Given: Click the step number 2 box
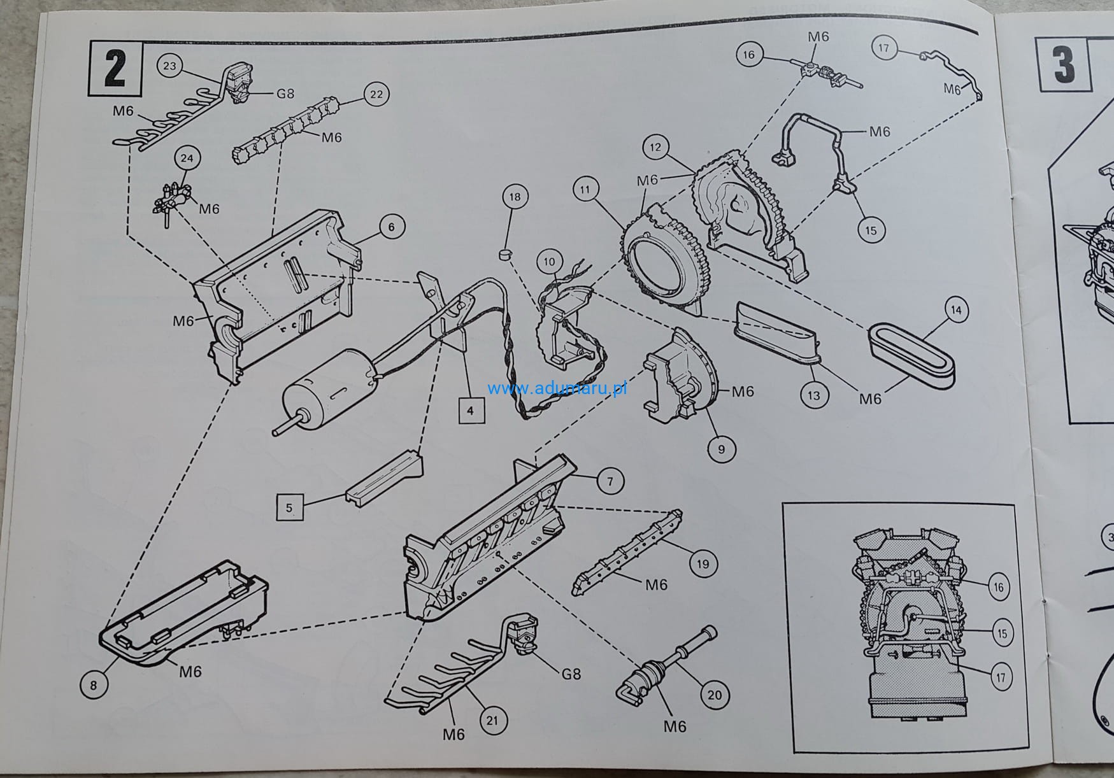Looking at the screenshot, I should (x=115, y=67).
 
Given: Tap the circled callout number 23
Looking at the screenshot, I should (x=171, y=66).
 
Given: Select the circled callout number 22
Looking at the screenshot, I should (x=376, y=94).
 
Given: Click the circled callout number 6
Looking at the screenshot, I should (x=392, y=227).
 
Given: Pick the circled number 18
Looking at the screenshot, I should (x=515, y=197).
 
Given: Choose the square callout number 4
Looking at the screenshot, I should (x=470, y=411).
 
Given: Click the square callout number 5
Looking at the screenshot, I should (x=289, y=508).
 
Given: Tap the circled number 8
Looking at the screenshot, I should (x=94, y=685).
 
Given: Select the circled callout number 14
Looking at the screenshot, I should (x=956, y=311).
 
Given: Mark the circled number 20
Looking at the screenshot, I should (x=715, y=695).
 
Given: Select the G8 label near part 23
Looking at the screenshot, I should (x=285, y=94).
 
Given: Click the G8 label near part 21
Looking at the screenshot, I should (x=571, y=674).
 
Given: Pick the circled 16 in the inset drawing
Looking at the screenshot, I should (x=998, y=586).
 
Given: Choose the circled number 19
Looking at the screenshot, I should (x=703, y=563).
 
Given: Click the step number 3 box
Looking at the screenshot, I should (x=1063, y=66).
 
